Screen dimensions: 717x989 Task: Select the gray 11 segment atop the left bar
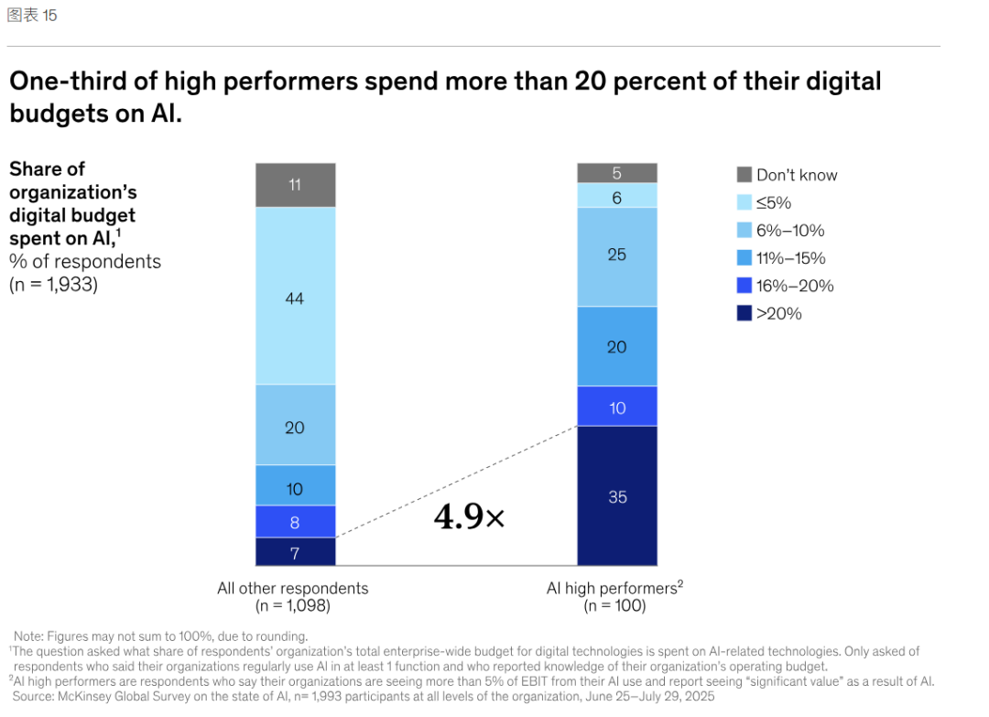coord(295,185)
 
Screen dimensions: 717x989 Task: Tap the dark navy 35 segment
coord(617,495)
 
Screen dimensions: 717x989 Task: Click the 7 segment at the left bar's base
coord(295,551)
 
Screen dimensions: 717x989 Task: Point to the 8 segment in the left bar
coord(295,521)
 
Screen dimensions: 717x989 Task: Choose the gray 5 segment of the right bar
coord(617,173)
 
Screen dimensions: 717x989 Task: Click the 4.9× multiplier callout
coord(469,517)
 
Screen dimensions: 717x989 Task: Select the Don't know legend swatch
coord(744,175)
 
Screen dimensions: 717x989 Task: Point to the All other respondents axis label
coord(292,588)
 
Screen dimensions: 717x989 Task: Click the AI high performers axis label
coord(614,588)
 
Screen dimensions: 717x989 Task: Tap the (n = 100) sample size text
coord(614,606)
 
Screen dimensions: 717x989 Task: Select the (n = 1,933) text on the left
coord(53,284)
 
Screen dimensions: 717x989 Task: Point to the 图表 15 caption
coord(32,16)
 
